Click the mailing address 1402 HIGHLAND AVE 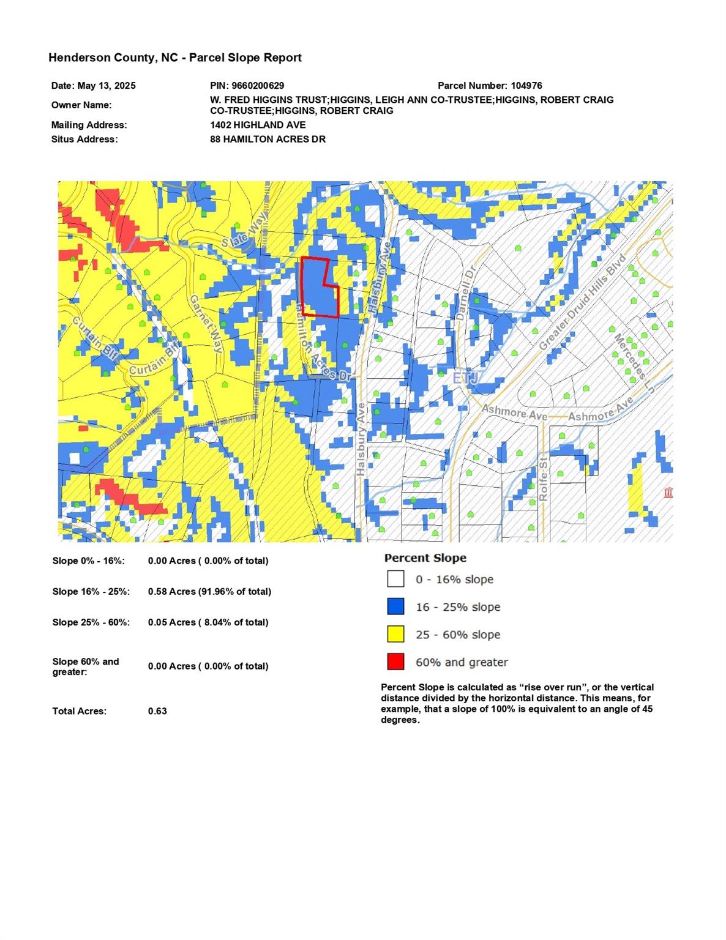point(258,125)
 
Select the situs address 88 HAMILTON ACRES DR point(268,139)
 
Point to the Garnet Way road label point(205,324)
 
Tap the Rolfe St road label point(543,480)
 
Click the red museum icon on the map point(668,493)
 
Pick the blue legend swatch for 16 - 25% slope point(395,606)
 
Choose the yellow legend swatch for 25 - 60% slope point(395,634)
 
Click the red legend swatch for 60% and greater point(395,662)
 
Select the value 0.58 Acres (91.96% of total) point(209,592)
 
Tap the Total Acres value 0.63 point(157,711)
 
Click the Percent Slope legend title point(425,558)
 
